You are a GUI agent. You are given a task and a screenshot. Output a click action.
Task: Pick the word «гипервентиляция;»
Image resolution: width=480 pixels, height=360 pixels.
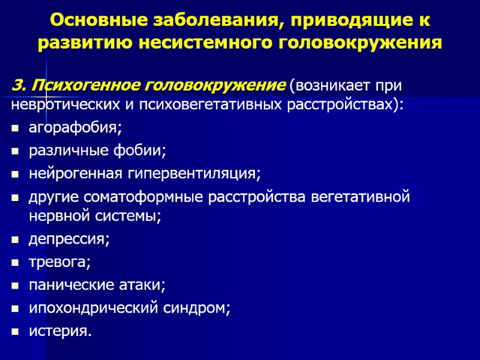[194, 174]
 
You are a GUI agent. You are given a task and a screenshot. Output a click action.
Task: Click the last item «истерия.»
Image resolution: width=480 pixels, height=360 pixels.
[61, 331]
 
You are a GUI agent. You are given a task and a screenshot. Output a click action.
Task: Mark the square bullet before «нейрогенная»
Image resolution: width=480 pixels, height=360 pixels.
[15, 175]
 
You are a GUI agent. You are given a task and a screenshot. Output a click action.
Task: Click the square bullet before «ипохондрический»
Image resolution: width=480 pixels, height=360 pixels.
[15, 308]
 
